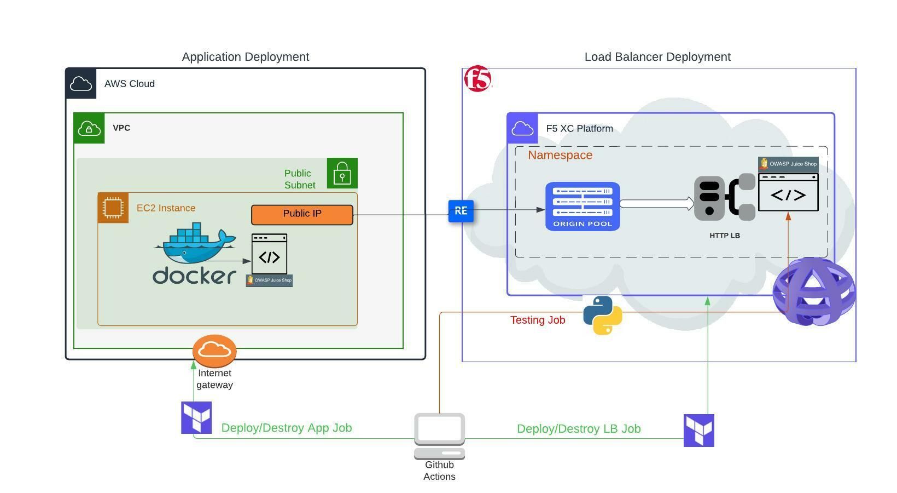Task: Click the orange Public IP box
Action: [x=302, y=215]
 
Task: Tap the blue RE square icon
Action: [x=461, y=211]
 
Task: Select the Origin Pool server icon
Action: [x=583, y=206]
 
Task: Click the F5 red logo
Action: [x=477, y=79]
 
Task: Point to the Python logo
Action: [x=602, y=315]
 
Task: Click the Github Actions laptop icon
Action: [x=439, y=436]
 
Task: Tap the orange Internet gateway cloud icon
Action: [x=214, y=351]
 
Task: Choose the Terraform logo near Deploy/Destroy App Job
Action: [x=196, y=417]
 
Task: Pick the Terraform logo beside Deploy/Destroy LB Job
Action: [x=698, y=430]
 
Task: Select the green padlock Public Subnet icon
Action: [x=342, y=173]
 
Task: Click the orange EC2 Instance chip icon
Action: [x=113, y=208]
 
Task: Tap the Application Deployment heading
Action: [x=245, y=57]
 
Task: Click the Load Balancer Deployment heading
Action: [x=657, y=57]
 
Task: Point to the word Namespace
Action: [x=560, y=155]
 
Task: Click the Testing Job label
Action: [x=537, y=320]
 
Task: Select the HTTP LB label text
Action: [x=724, y=236]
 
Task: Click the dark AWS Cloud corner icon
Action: [x=81, y=84]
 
